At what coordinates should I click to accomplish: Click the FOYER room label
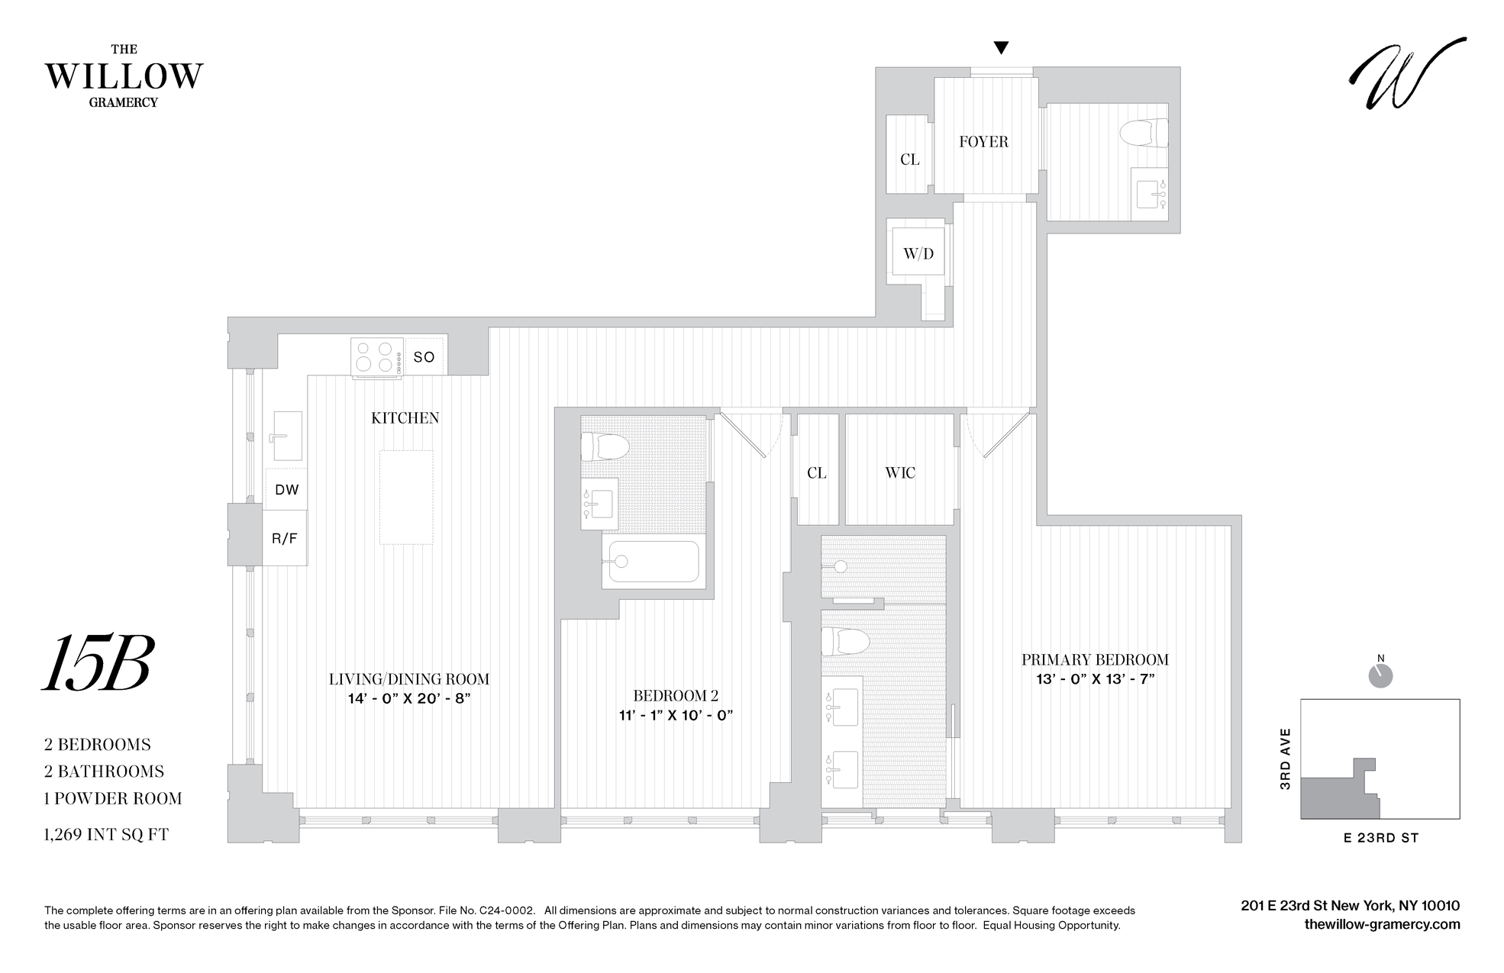pos(983,142)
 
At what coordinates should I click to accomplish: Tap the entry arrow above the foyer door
pos(1001,48)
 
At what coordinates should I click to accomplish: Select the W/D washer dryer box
pos(918,253)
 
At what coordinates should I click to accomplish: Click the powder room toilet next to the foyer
pos(1144,134)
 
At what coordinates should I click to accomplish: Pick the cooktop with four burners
pos(376,357)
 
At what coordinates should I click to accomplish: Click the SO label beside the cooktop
pos(424,357)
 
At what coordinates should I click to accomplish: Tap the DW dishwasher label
pos(286,490)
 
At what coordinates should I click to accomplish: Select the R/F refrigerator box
pos(285,539)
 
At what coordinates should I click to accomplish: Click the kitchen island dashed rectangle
pos(406,497)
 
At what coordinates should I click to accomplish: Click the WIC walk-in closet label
pos(900,473)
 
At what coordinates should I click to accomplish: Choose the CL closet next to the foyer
pos(909,159)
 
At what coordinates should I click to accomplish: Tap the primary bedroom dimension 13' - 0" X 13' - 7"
pos(1095,680)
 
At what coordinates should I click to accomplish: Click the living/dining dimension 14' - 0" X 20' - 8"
pos(409,698)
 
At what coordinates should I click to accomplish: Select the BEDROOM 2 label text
pos(676,696)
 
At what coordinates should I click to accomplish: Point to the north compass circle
pos(1380,676)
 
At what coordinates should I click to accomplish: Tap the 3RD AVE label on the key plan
pos(1286,759)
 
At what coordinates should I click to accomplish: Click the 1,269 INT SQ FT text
pos(107,835)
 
